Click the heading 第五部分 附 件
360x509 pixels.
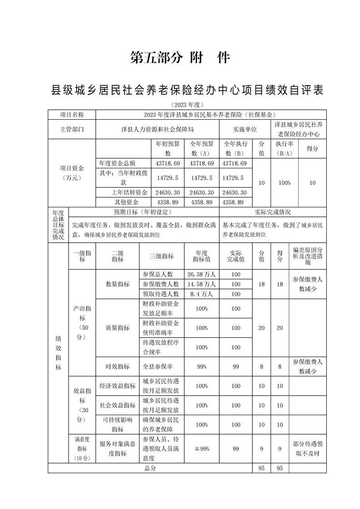180,58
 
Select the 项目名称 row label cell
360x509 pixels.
72,114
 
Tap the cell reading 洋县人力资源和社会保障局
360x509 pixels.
157,129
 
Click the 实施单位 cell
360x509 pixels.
245,129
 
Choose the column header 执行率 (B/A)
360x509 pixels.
284,148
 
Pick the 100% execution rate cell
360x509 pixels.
284,183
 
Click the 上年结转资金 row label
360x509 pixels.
123,192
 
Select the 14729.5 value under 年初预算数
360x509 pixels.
168,178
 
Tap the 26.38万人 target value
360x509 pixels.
201,274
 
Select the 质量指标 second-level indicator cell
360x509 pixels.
118,328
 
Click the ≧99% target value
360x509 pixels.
201,449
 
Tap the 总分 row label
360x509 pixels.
150,468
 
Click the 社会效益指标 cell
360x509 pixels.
118,405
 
